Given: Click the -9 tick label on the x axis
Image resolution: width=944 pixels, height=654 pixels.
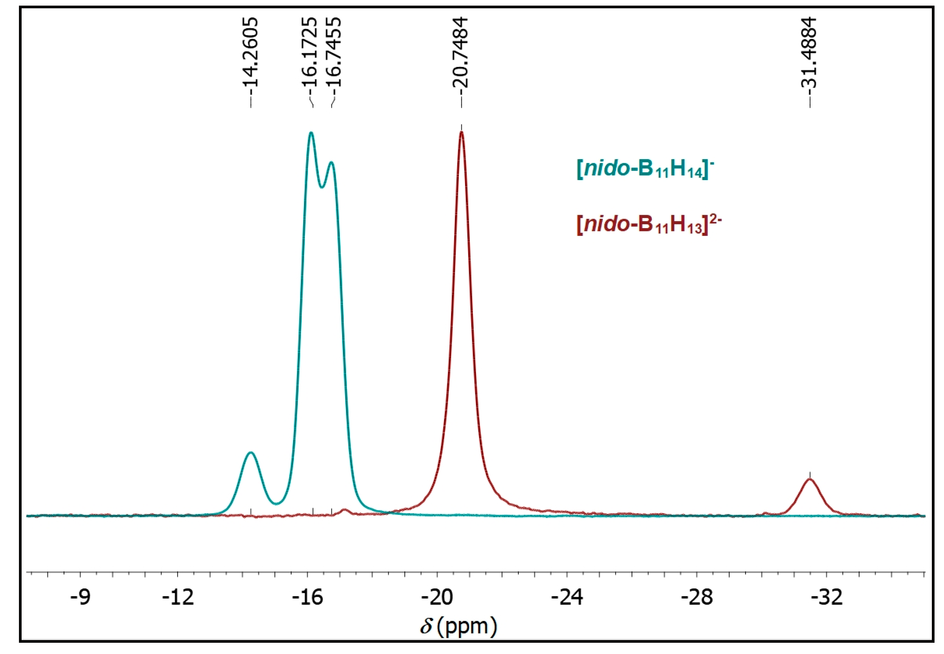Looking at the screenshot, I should tap(80, 597).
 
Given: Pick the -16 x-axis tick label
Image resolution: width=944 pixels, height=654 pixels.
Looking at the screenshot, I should tap(308, 597).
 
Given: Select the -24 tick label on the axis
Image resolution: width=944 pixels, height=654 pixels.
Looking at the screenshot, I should tap(567, 597).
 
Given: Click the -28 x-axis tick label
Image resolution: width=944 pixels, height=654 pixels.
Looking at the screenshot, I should tap(697, 597).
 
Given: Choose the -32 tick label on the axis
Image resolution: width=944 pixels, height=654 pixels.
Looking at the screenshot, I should tap(827, 597).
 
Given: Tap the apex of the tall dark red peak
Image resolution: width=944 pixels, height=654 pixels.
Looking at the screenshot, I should tap(461, 132).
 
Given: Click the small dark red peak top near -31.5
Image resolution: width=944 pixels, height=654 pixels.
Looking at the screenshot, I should tap(810, 479).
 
